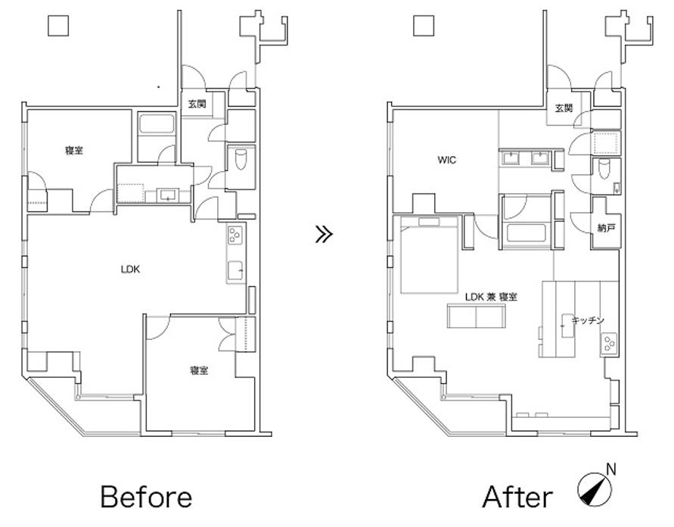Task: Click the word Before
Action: [x=146, y=497]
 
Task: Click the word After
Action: [x=517, y=497]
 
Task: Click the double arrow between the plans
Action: [x=324, y=235]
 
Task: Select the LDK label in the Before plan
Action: [x=130, y=270]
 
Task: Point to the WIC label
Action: [x=446, y=160]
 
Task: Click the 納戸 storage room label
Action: [x=606, y=228]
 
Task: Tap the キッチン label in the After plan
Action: [x=588, y=320]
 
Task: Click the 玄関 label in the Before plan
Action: [x=197, y=104]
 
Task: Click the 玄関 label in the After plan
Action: [x=564, y=108]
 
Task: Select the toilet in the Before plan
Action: [x=241, y=160]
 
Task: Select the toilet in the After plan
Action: [x=604, y=170]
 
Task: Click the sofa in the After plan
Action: [x=477, y=315]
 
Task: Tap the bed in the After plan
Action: [x=430, y=254]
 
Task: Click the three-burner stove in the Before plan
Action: [x=235, y=235]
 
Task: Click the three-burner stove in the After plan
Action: [x=609, y=344]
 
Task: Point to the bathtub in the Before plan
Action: [x=157, y=123]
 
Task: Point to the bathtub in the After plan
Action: [x=526, y=232]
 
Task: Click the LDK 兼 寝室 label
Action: [x=491, y=297]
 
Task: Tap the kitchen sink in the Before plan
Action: [x=235, y=271]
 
